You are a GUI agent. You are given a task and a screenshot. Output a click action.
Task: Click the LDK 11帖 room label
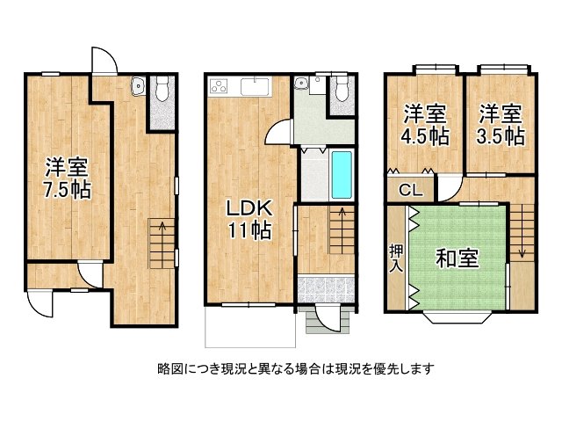tap(249, 220)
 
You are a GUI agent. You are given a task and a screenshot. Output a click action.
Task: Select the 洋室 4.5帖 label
tap(426, 125)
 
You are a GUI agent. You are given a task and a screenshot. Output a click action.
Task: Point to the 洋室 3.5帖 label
tap(501, 125)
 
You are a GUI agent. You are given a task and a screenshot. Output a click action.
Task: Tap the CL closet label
tap(411, 190)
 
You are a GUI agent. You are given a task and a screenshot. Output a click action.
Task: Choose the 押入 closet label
tap(397, 258)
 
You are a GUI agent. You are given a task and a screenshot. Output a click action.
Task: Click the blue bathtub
tap(342, 176)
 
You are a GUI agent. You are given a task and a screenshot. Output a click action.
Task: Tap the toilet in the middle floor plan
tap(341, 90)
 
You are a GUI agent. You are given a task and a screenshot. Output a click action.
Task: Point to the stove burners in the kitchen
tap(219, 86)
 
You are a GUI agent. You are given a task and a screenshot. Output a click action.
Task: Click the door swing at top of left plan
tap(104, 61)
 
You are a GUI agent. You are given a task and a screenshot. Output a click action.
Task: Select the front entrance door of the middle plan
tap(329, 318)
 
